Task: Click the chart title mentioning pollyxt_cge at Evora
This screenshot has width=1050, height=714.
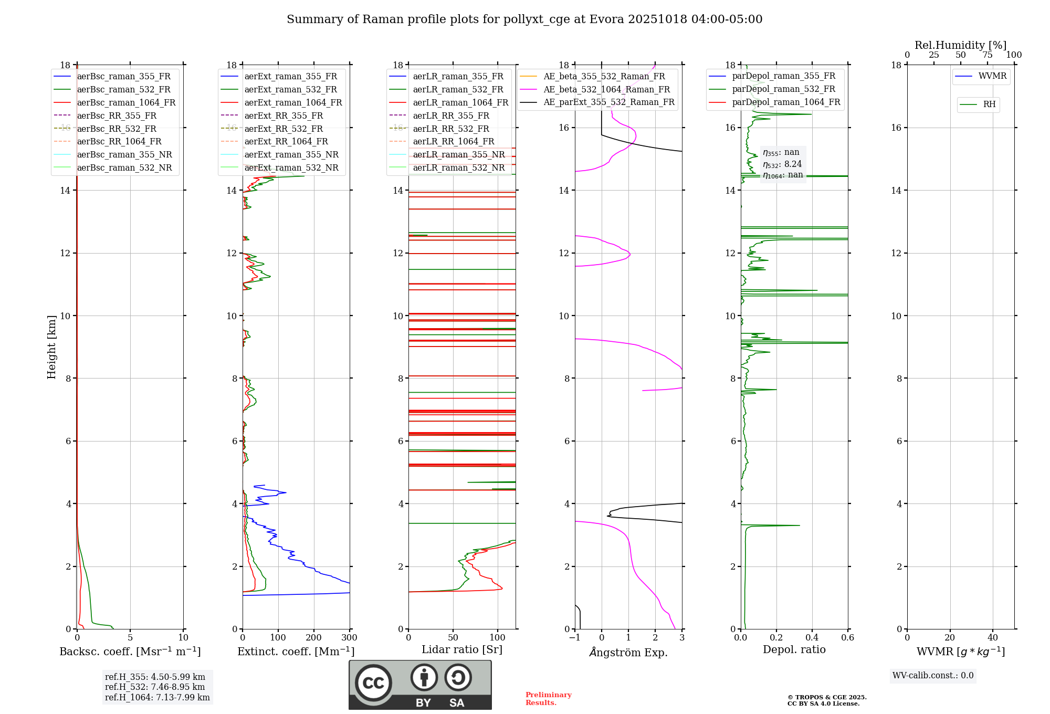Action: click(x=524, y=19)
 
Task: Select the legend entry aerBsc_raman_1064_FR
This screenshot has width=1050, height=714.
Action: click(x=126, y=102)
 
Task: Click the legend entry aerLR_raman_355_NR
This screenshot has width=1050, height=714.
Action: click(x=458, y=154)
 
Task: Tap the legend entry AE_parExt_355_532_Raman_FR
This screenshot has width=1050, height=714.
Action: click(x=609, y=102)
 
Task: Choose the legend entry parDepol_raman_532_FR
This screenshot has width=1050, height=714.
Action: click(x=783, y=89)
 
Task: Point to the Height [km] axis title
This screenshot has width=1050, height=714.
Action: click(x=51, y=346)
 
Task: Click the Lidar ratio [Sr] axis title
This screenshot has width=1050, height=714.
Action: click(x=462, y=649)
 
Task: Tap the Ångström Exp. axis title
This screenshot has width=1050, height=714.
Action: click(x=628, y=652)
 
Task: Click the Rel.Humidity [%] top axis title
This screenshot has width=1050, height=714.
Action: click(x=961, y=45)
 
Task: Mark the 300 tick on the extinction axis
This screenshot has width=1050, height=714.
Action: click(x=350, y=638)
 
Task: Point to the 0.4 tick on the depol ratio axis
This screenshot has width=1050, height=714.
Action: click(x=812, y=638)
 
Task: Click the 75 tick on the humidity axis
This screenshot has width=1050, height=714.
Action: click(x=988, y=55)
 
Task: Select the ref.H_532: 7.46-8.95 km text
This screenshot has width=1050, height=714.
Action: click(x=155, y=687)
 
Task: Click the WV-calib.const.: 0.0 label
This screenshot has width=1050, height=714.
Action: click(x=933, y=676)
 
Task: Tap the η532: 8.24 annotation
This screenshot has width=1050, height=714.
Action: click(x=782, y=164)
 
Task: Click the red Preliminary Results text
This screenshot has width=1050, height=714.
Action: click(x=548, y=699)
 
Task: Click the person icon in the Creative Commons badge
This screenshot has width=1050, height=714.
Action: click(x=424, y=677)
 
